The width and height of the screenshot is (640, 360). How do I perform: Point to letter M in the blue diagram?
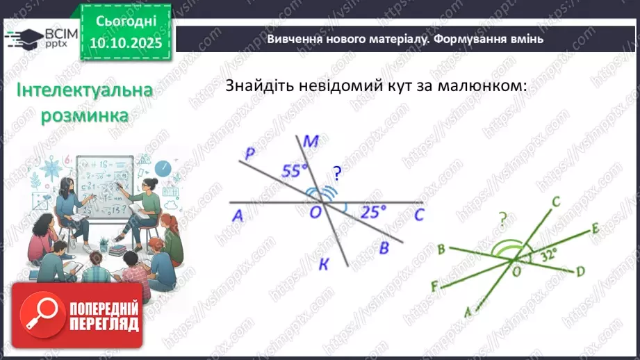311,143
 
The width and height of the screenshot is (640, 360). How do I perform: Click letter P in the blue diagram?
249,154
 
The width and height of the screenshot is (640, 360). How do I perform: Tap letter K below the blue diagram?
323,263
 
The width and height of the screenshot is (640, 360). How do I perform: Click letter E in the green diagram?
595,229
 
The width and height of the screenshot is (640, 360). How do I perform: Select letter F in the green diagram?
434,285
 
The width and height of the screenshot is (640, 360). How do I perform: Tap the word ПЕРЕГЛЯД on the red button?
104,324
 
